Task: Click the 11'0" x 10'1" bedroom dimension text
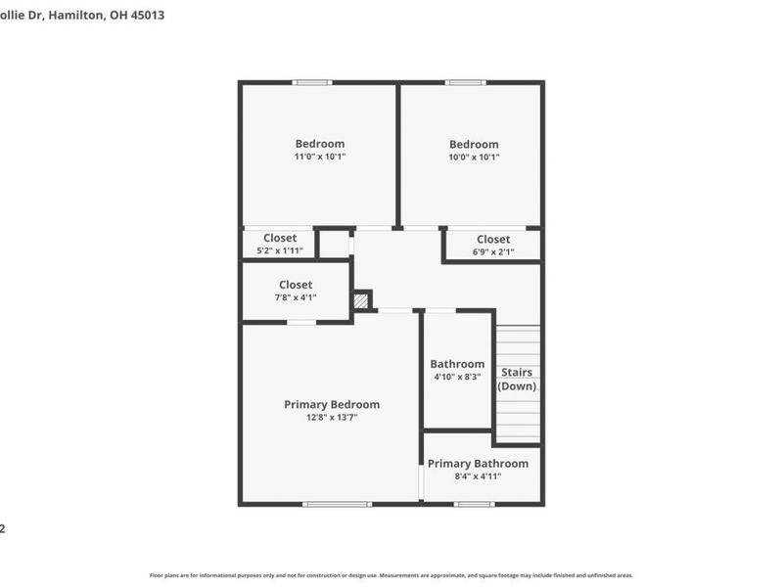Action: point(320,157)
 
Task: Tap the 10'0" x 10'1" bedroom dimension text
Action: point(474,157)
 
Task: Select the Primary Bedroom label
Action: point(332,404)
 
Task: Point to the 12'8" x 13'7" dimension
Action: point(332,419)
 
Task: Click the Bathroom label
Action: point(457,364)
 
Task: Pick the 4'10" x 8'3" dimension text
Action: point(457,377)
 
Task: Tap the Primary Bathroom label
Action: point(478,464)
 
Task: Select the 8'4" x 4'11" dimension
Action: point(478,476)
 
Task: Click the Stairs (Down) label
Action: point(517,379)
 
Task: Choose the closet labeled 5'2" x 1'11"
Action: point(279,244)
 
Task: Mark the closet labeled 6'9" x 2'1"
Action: point(493,245)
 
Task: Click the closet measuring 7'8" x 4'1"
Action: point(296,291)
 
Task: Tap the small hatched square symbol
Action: point(361,300)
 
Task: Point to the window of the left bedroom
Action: point(312,82)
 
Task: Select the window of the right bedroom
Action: point(465,82)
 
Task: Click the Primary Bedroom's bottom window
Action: point(337,504)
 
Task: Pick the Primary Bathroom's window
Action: point(475,504)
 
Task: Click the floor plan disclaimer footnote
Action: point(391,575)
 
